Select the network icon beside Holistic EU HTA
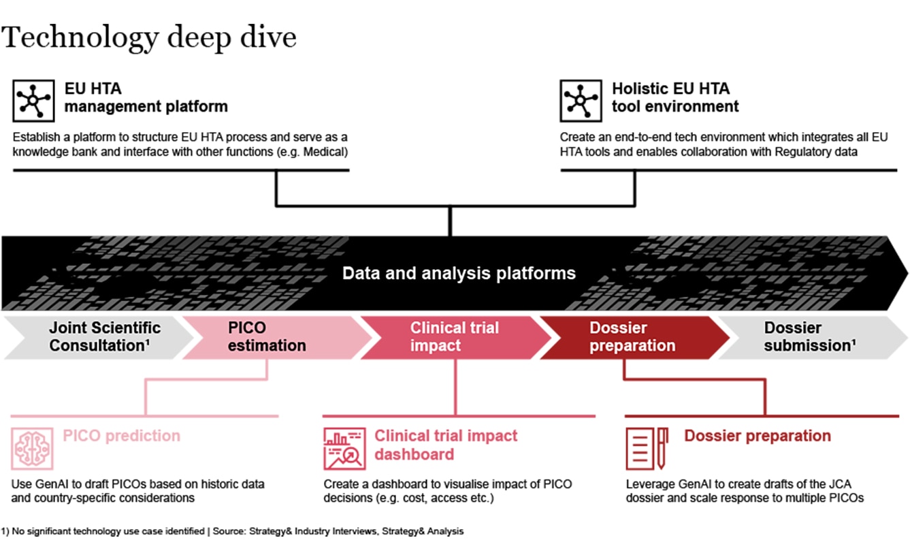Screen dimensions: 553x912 pyautogui.click(x=581, y=101)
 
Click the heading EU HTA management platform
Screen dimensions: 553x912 pyautogui.click(x=146, y=97)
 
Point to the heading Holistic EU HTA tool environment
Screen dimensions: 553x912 pyautogui.click(x=674, y=97)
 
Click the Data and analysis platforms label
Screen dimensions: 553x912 pyautogui.click(x=459, y=274)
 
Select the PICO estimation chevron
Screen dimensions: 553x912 pyautogui.click(x=267, y=336)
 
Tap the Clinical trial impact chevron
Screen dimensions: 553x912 pyautogui.click(x=454, y=336)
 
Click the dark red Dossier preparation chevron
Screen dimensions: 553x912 pyautogui.click(x=632, y=336)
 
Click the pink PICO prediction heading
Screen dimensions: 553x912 pyautogui.click(x=122, y=436)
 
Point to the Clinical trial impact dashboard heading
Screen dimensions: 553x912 pyautogui.click(x=446, y=445)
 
